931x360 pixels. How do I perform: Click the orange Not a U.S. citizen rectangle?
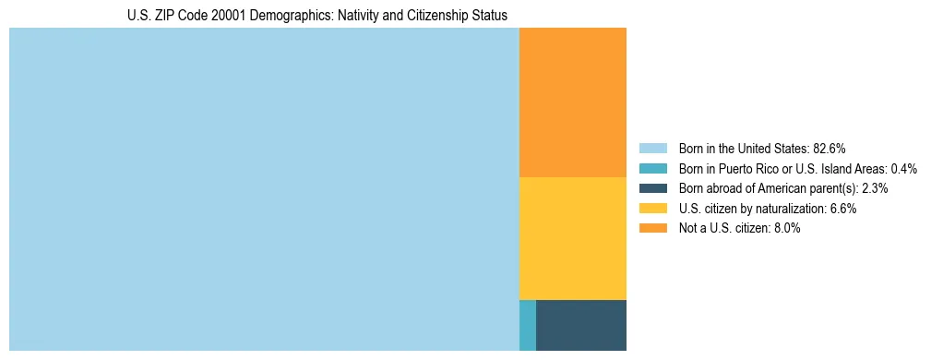[573, 102]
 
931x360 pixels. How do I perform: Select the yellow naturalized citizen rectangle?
[573, 238]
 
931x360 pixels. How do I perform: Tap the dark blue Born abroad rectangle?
[581, 325]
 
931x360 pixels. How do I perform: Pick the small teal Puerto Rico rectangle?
[528, 325]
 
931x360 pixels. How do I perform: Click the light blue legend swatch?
[652, 148]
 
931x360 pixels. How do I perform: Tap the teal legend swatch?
[652, 168]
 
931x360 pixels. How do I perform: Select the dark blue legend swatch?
[652, 188]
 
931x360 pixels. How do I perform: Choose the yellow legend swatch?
[652, 209]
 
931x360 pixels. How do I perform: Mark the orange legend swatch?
[652, 229]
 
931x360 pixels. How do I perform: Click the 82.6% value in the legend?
[830, 148]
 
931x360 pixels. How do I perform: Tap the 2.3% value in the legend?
[875, 188]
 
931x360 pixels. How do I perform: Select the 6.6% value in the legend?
[843, 209]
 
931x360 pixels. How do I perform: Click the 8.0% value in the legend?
[787, 229]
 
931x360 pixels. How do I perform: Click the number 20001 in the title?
[229, 16]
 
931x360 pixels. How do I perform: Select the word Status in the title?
[488, 16]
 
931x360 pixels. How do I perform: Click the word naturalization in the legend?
[794, 209]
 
